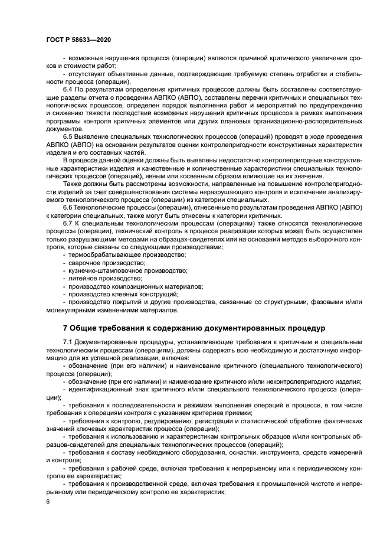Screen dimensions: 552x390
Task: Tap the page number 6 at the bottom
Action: (x=48, y=501)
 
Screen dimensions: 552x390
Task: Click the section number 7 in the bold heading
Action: (x=65, y=327)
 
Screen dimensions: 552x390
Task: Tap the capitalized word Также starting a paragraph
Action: (x=73, y=185)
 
